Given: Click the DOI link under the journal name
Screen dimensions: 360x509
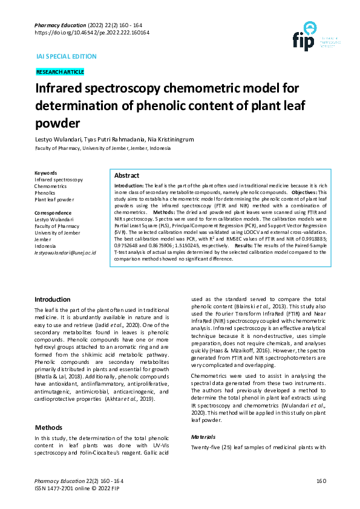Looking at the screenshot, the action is point(92,33).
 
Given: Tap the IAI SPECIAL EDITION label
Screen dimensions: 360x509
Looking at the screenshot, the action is point(67,56).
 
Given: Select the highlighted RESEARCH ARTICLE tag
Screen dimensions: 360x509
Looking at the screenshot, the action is point(60,72).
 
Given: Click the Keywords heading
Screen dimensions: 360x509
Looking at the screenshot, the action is point(46,173).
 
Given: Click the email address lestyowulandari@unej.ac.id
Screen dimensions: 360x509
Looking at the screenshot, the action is point(65,252).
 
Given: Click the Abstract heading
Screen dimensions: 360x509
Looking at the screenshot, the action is point(127,175).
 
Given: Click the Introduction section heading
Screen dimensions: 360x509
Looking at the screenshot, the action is point(53,299).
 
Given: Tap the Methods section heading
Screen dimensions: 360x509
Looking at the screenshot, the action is point(48,427).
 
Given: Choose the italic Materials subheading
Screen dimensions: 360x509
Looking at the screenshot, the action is point(203,436).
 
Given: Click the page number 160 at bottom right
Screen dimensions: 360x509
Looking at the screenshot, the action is point(321,481).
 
